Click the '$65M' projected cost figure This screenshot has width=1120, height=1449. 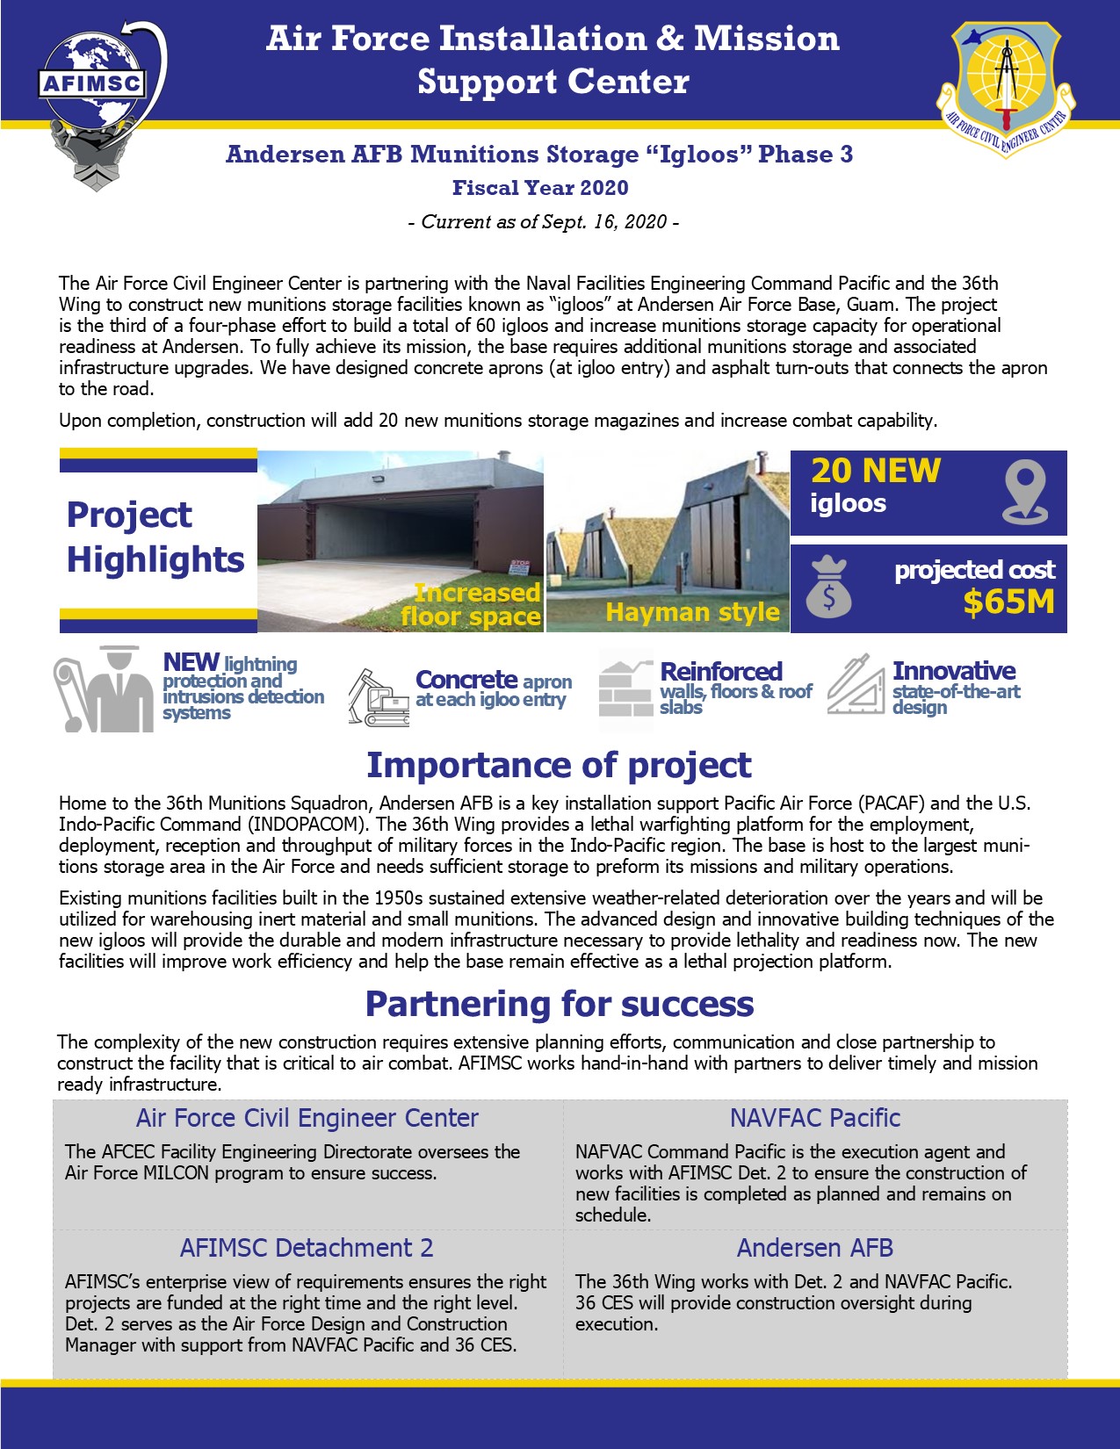[x=1008, y=602]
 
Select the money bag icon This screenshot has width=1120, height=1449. [x=828, y=588]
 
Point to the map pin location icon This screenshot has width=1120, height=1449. [x=1024, y=493]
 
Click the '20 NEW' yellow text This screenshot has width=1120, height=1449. [x=875, y=472]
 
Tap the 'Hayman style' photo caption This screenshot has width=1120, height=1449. [x=692, y=612]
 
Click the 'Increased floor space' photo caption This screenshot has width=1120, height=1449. [x=473, y=605]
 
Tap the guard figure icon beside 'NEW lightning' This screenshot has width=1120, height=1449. [x=104, y=689]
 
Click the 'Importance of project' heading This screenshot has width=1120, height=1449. [x=559, y=765]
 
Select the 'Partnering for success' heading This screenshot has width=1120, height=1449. [x=560, y=1004]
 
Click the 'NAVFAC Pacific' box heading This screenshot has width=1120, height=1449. [x=815, y=1118]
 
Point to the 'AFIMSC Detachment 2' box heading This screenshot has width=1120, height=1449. [x=307, y=1248]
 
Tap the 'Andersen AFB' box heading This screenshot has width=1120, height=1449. [x=815, y=1248]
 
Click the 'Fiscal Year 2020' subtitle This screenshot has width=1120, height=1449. [x=540, y=188]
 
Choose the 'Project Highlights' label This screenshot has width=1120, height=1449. [x=155, y=537]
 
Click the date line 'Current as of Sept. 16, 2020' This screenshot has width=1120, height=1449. [x=544, y=221]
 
